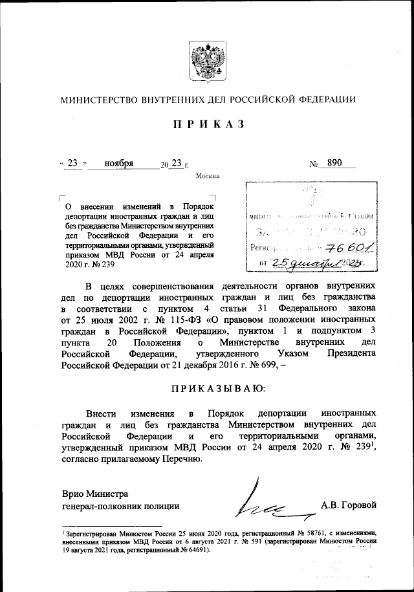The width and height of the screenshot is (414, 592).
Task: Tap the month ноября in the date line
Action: (x=118, y=164)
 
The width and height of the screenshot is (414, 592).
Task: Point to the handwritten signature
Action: (x=263, y=505)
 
